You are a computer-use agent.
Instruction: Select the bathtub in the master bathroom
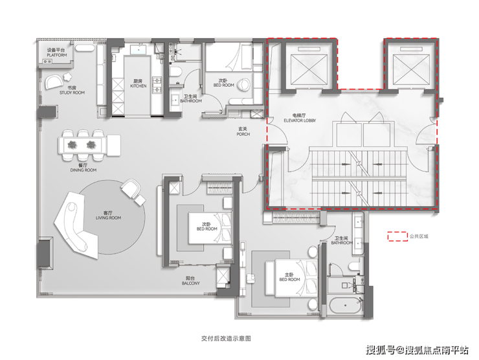[346, 305]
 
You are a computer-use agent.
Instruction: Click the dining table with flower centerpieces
[82, 145]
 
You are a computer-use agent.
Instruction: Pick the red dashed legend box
[397, 236]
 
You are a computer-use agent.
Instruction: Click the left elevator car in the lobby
[309, 69]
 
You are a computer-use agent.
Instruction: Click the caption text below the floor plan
[226, 338]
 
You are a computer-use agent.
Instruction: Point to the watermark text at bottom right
[418, 350]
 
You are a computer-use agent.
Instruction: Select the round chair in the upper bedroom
[244, 85]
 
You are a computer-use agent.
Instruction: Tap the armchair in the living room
[131, 188]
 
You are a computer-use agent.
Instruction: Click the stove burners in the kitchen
[157, 85]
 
